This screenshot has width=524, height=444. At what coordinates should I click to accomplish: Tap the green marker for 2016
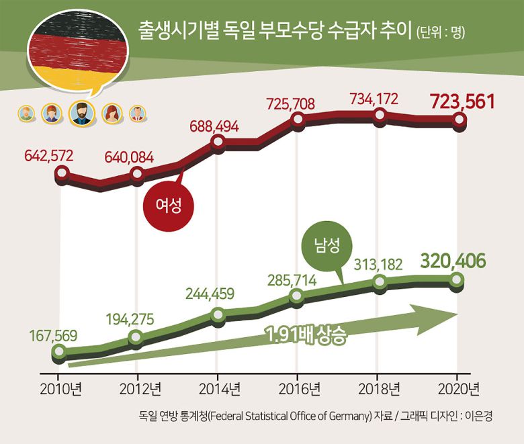297,296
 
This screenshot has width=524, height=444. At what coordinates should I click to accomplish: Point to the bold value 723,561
462,102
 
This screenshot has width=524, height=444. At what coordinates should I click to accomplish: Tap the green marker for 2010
58,351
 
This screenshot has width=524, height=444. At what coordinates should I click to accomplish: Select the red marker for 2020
459,120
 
